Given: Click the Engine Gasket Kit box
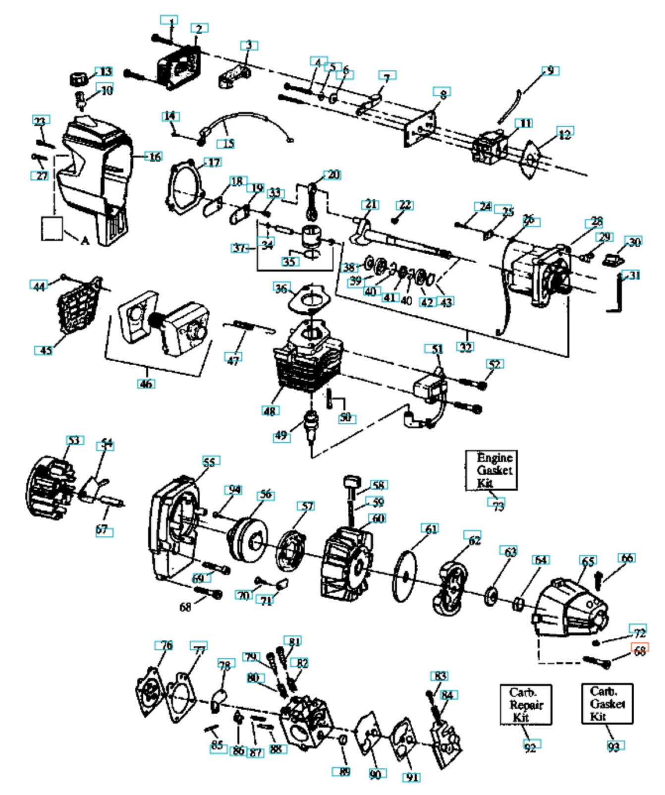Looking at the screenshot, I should (491, 470).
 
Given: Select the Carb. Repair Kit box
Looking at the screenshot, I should (525, 704).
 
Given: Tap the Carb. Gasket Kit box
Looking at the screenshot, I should (607, 703).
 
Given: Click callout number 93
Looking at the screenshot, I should (614, 746).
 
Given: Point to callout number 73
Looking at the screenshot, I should (498, 506).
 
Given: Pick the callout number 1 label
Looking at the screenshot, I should (169, 21).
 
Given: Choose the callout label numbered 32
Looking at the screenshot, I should (465, 346).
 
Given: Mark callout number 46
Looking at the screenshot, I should (146, 383).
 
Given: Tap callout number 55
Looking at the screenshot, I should (210, 461).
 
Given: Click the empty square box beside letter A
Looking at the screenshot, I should (52, 229).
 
